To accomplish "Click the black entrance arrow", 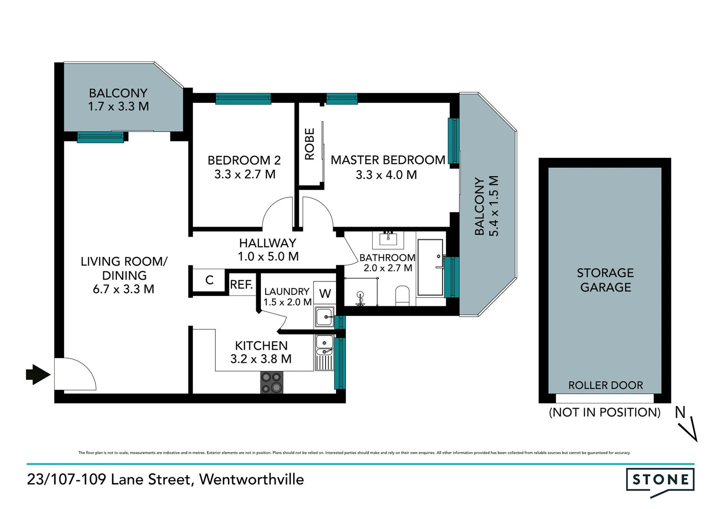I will point(38,375).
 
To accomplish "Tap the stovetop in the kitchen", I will point(271,382).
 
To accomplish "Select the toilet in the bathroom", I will point(402,296).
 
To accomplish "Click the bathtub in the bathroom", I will point(430,267).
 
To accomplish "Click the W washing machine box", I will point(325,294).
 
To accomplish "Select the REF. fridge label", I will point(241,285).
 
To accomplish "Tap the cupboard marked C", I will point(210,280).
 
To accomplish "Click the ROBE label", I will point(310,144).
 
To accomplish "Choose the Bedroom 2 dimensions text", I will point(244,174).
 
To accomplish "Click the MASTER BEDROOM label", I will point(387,160).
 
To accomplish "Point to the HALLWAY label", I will point(268,243).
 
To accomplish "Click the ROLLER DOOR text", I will point(605,386).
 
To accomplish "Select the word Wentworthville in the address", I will point(252,479).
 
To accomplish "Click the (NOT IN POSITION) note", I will point(604,412).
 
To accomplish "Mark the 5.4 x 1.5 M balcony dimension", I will point(494,206).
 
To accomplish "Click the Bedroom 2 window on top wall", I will point(243,99).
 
